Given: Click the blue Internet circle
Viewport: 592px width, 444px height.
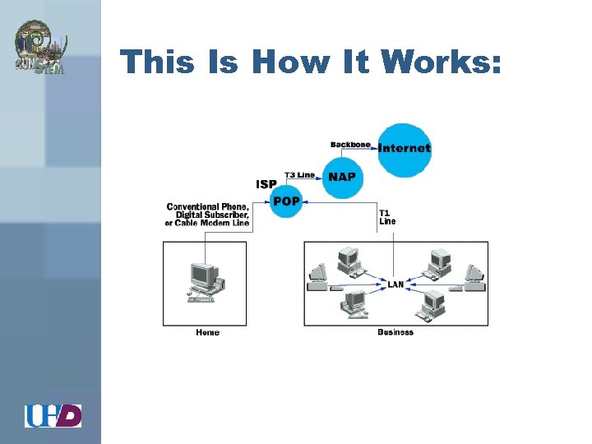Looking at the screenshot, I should coord(405,149).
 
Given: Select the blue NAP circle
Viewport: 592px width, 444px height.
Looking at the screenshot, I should coord(341,177).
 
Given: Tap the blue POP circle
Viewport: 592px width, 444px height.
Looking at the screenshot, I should coord(286,201).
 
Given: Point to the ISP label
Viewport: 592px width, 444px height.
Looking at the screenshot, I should coord(266,184).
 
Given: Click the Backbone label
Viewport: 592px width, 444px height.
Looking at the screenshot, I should coord(350,145).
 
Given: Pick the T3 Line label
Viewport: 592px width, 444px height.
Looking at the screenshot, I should coord(299,174).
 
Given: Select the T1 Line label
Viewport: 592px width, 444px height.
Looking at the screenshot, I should coord(387,217).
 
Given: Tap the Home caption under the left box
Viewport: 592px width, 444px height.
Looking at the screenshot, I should coord(207,332).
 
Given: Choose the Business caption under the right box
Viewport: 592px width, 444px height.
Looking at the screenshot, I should coord(395,332).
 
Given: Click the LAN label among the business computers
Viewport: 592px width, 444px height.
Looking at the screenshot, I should coord(395,284).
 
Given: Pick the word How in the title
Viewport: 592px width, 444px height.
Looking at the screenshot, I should coord(292,62).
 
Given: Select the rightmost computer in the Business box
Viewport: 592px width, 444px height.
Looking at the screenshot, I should coord(473,277).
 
